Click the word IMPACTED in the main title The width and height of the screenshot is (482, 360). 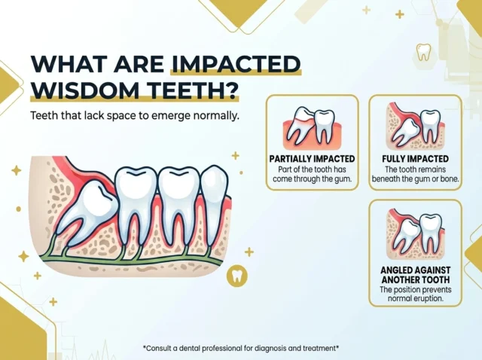[236, 64]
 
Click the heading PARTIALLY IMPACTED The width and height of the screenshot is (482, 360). [312, 159]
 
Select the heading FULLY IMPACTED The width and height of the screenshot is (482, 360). [415, 159]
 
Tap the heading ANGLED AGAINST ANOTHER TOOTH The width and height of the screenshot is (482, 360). [415, 275]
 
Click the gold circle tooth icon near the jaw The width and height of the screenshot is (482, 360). [237, 275]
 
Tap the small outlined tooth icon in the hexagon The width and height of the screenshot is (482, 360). [423, 52]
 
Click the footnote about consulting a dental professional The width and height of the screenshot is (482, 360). [241, 348]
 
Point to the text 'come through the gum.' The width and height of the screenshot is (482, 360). [312, 178]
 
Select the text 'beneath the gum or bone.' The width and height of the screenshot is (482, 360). [415, 178]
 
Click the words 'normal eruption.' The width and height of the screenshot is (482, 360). [415, 298]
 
